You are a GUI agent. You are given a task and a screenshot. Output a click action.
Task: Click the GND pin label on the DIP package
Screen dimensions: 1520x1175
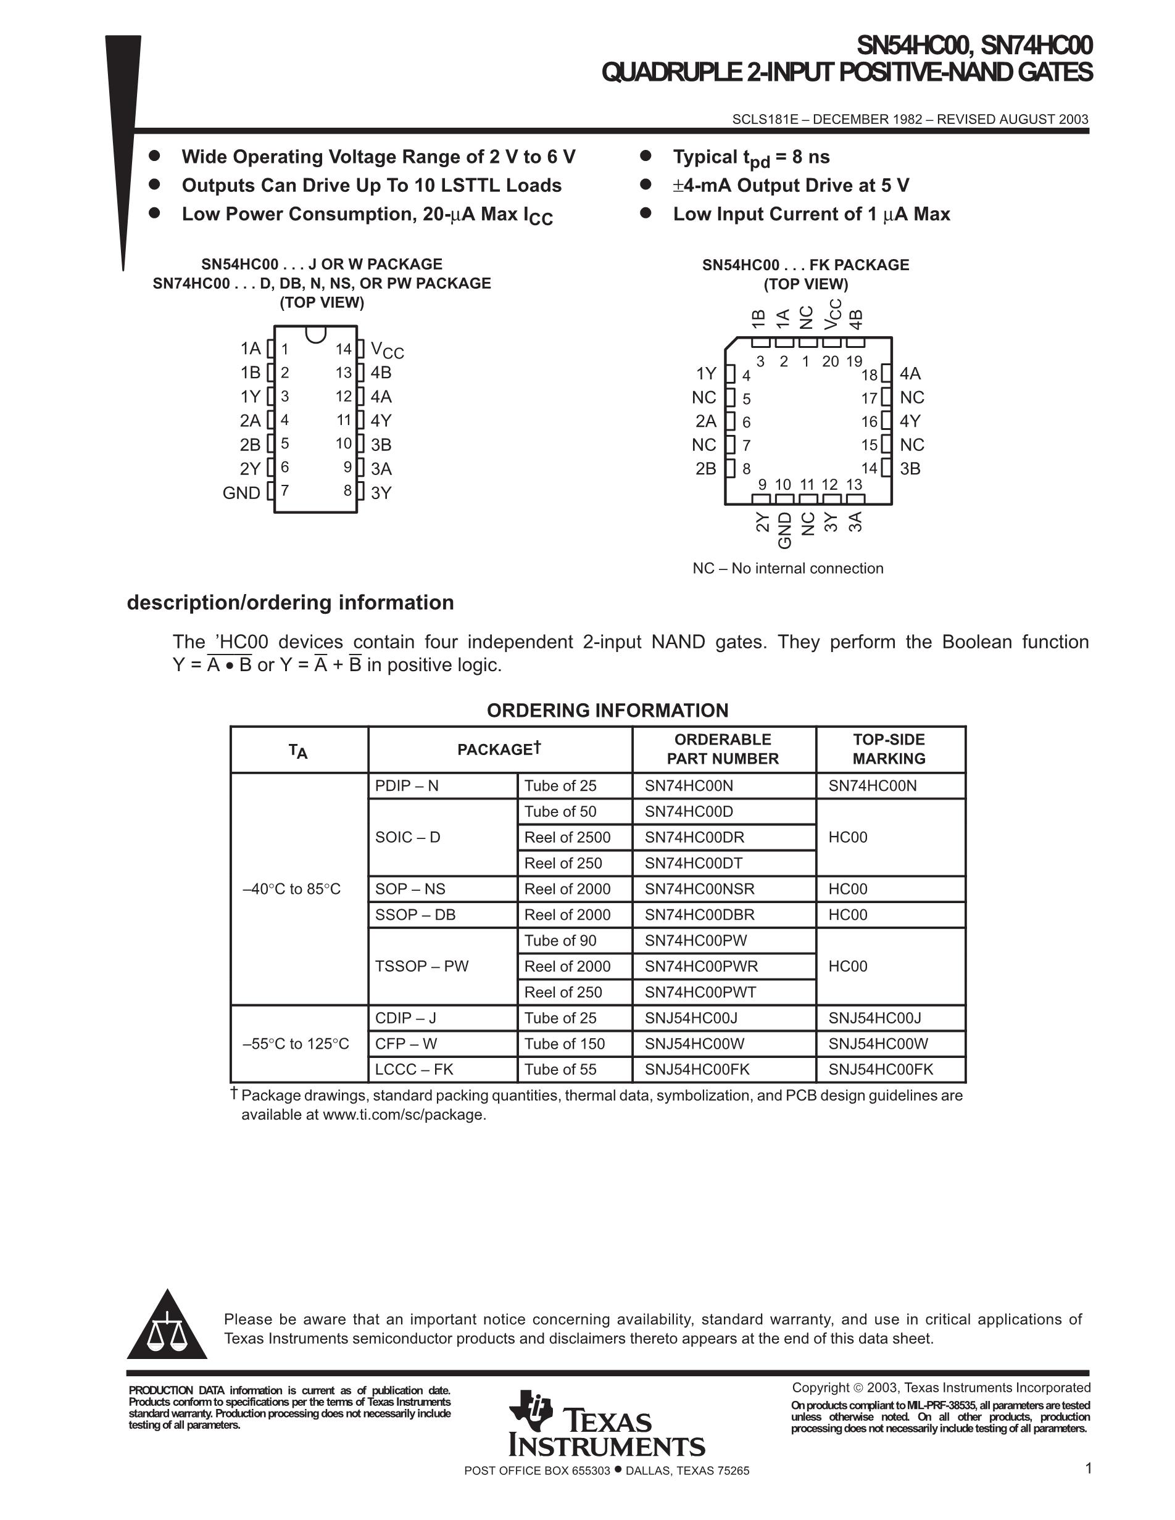[x=241, y=493]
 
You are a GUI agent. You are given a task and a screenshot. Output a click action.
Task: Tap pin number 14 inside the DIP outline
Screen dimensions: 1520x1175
[x=344, y=349]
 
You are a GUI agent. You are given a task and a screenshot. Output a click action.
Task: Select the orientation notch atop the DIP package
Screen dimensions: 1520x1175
[x=315, y=334]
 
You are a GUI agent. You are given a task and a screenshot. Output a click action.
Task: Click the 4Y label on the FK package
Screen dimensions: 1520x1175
[x=910, y=421]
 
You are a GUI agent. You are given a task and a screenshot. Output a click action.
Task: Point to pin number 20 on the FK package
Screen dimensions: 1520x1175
[x=831, y=361]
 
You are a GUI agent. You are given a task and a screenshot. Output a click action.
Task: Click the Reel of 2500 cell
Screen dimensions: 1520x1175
[x=567, y=837]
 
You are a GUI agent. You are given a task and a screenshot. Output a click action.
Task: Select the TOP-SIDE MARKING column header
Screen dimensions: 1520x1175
[x=889, y=749]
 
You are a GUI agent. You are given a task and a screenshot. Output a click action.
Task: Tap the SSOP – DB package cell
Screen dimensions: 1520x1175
[x=415, y=914]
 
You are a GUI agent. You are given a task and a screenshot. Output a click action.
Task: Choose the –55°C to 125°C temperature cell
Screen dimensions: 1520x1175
[x=296, y=1043]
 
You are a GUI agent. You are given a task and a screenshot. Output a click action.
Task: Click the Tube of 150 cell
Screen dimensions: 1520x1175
[x=565, y=1043]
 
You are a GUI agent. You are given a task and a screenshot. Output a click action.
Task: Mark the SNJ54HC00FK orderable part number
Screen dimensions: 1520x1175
[x=697, y=1069]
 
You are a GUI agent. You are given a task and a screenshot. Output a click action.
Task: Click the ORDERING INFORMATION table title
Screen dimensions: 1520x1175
[x=607, y=710]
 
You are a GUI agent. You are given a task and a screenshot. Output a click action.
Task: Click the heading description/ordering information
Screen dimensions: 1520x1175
[x=290, y=602]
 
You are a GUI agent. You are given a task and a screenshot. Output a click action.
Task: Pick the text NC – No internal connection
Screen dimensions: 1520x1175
[x=787, y=568]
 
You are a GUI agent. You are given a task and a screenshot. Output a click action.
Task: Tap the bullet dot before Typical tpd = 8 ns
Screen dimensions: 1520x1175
[x=646, y=156]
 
